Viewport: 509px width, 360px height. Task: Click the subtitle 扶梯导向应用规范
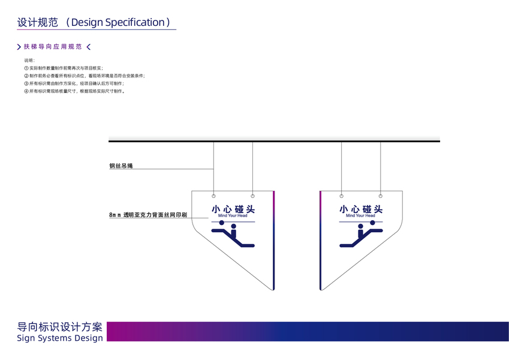pyautogui.click(x=53, y=47)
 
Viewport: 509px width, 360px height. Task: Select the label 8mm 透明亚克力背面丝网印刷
pyautogui.click(x=148, y=214)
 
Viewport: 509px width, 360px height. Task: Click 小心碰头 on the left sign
pyautogui.click(x=233, y=209)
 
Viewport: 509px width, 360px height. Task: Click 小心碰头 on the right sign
pyautogui.click(x=360, y=209)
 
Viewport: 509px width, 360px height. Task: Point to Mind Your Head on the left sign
pyautogui.click(x=233, y=215)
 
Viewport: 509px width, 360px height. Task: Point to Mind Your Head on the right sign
pyautogui.click(x=360, y=215)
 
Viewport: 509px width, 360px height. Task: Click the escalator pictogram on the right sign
pyautogui.click(x=361, y=236)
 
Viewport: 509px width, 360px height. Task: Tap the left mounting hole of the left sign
pyautogui.click(x=214, y=196)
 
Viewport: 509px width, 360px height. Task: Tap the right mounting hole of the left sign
pyautogui.click(x=252, y=196)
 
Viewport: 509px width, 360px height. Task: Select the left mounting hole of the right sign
pyautogui.click(x=342, y=196)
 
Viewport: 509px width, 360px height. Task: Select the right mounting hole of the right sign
pyautogui.click(x=380, y=196)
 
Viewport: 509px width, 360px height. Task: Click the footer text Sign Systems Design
pyautogui.click(x=60, y=338)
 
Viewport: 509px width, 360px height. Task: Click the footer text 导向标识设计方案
pyautogui.click(x=60, y=327)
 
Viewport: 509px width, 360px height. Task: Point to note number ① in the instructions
pyautogui.click(x=26, y=68)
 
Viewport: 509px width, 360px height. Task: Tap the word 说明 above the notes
pyautogui.click(x=29, y=61)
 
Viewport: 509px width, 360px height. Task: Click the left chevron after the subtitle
pyautogui.click(x=89, y=47)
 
